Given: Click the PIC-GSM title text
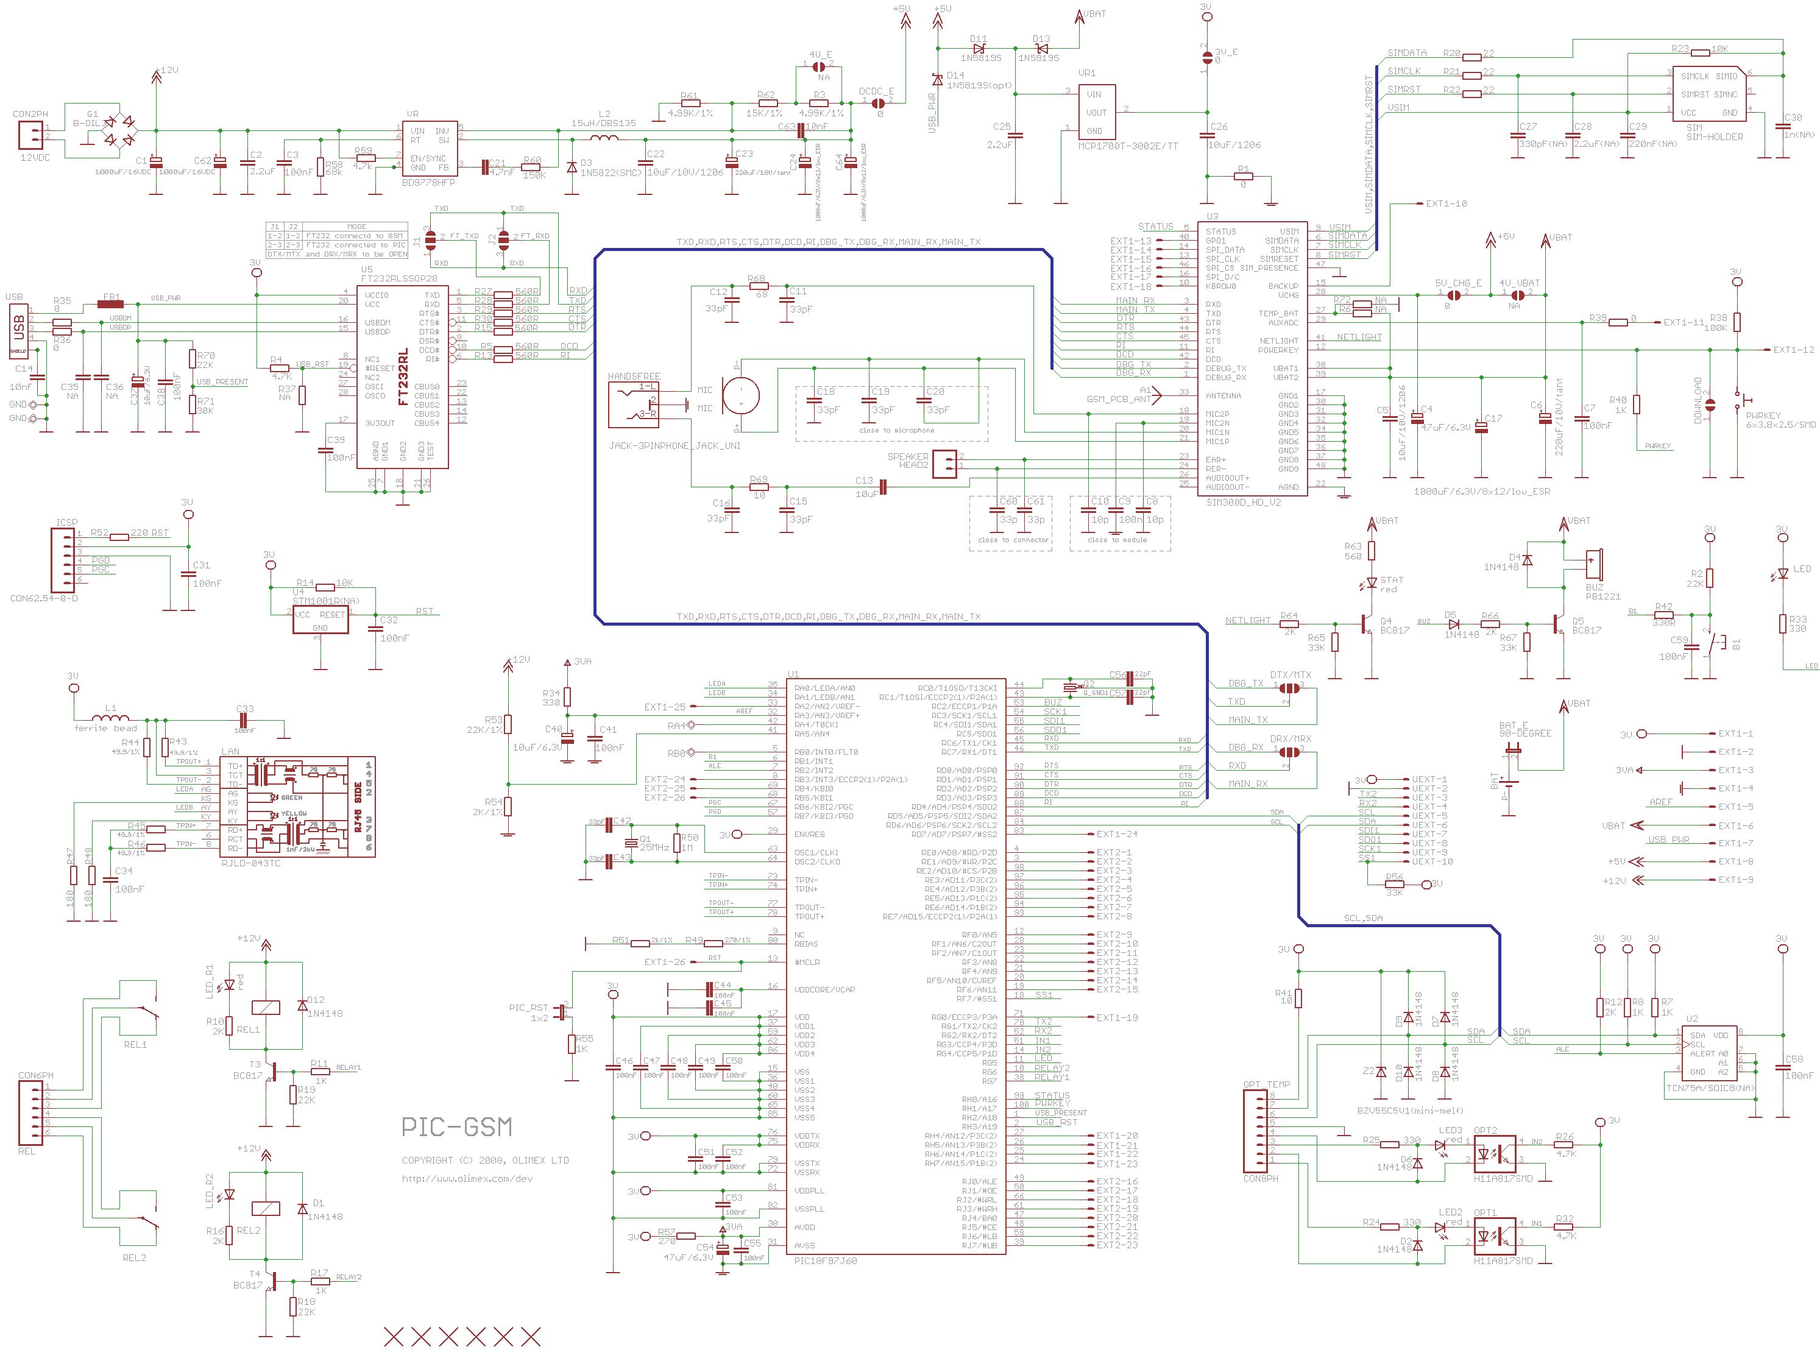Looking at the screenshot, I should click(456, 1128).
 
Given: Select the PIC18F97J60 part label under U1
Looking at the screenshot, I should click(826, 1261).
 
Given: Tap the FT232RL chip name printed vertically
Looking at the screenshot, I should click(403, 378).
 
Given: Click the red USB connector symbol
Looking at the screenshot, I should click(18, 330).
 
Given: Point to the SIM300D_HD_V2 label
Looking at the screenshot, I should click(1243, 503).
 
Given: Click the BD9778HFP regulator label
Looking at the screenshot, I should click(428, 182).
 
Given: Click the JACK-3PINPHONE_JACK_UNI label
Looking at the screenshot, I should click(675, 446).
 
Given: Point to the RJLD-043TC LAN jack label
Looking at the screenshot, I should click(251, 863).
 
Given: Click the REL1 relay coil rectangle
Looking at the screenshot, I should click(266, 1008).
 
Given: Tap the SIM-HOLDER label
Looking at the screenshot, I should click(1714, 137).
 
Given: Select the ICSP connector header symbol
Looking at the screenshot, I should click(62, 560).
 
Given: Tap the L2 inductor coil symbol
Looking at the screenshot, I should click(604, 137).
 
